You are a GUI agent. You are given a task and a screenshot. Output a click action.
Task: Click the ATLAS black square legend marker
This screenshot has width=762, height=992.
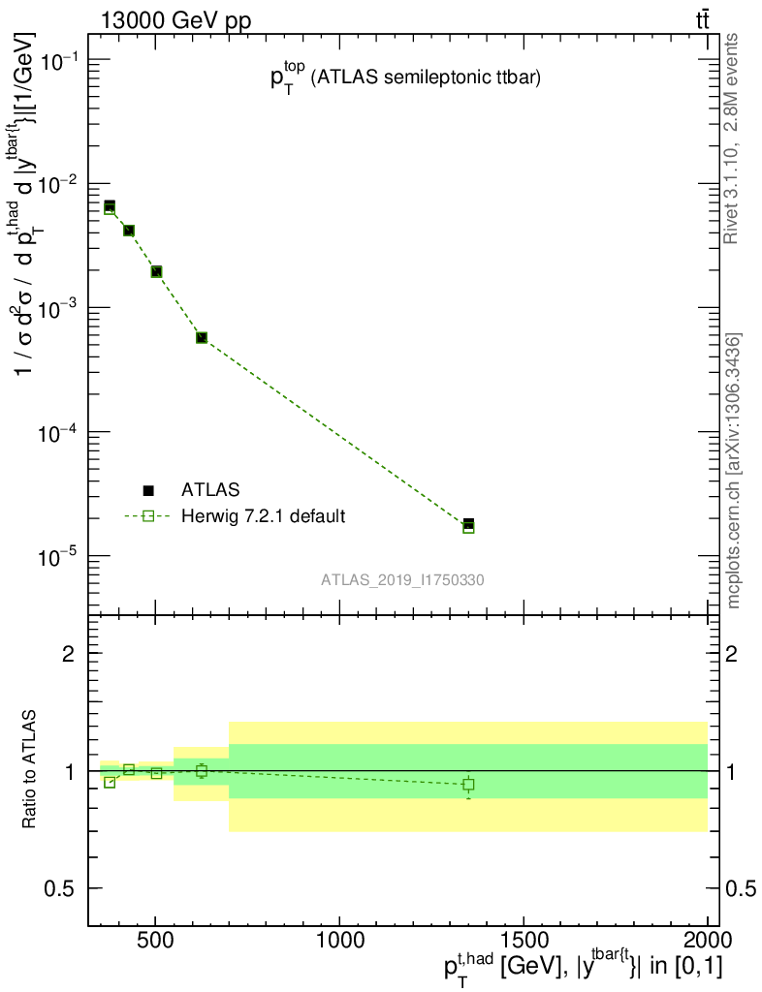[148, 491]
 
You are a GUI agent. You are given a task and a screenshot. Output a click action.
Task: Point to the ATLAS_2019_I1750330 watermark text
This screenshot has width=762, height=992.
[403, 580]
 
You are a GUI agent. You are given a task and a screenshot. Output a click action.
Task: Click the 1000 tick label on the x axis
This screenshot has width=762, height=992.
[339, 941]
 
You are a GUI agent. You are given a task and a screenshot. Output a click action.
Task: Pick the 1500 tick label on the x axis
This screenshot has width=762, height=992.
[524, 941]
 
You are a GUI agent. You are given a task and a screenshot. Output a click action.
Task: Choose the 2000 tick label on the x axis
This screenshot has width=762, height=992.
[706, 941]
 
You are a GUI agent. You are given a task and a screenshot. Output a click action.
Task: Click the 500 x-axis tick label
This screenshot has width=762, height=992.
[156, 941]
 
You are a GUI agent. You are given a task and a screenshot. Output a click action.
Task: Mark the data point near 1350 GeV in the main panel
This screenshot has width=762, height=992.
[468, 525]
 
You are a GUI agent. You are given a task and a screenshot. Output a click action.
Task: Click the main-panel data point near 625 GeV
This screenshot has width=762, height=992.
[202, 337]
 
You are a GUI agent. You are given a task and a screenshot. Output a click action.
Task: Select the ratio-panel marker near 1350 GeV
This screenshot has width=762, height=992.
[468, 784]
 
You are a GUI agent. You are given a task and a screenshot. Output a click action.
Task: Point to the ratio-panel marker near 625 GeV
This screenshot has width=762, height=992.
[202, 771]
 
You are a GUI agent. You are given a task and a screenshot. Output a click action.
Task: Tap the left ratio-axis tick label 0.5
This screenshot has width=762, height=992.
[64, 889]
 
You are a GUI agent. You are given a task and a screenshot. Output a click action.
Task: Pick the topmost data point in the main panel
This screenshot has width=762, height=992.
[110, 206]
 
